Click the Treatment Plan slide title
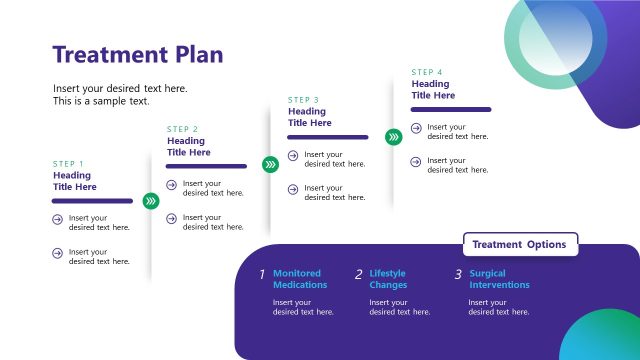coord(138,54)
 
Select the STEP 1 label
coord(69,163)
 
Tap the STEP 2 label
coord(183,129)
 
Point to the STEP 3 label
coord(304,100)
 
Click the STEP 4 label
coord(427,72)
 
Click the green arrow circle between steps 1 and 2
coord(150,201)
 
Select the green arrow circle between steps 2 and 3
coord(270,165)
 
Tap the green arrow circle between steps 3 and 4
coord(393,136)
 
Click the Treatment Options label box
coord(520,244)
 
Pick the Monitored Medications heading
coord(300,279)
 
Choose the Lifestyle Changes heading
coord(389,279)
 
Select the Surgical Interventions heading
coord(499,279)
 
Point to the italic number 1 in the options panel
coord(262,274)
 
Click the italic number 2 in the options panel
coord(358,274)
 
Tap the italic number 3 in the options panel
coord(458,274)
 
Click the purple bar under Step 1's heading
coord(92,201)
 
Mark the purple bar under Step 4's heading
coord(451,109)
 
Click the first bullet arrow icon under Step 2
coord(172,184)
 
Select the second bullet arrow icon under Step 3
coord(293,189)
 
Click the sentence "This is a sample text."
coord(101,101)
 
